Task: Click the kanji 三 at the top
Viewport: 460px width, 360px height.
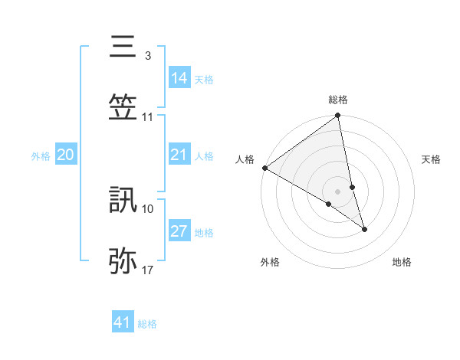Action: click(123, 48)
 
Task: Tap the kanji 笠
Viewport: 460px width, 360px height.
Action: click(123, 107)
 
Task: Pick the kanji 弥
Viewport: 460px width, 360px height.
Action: click(123, 260)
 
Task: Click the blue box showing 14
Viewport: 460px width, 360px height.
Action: click(179, 77)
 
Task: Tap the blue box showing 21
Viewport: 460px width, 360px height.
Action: click(179, 155)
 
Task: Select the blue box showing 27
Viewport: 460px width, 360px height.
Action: click(179, 231)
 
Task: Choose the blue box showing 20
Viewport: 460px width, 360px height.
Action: click(66, 155)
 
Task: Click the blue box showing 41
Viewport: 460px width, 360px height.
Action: click(123, 322)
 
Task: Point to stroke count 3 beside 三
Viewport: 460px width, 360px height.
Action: click(147, 56)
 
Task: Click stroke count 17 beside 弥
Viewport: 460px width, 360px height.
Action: click(147, 270)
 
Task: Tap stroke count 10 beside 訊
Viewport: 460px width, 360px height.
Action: click(148, 208)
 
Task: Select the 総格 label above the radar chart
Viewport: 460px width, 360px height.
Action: click(338, 100)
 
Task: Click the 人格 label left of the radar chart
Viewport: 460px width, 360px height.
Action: click(245, 159)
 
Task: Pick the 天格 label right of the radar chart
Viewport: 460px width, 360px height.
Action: click(431, 159)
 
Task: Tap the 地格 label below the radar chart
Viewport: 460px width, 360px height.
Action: click(402, 262)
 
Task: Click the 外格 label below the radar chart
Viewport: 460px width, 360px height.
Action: click(270, 262)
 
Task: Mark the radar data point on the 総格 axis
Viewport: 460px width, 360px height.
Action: click(338, 116)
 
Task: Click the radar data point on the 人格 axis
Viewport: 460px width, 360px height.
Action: click(264, 168)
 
